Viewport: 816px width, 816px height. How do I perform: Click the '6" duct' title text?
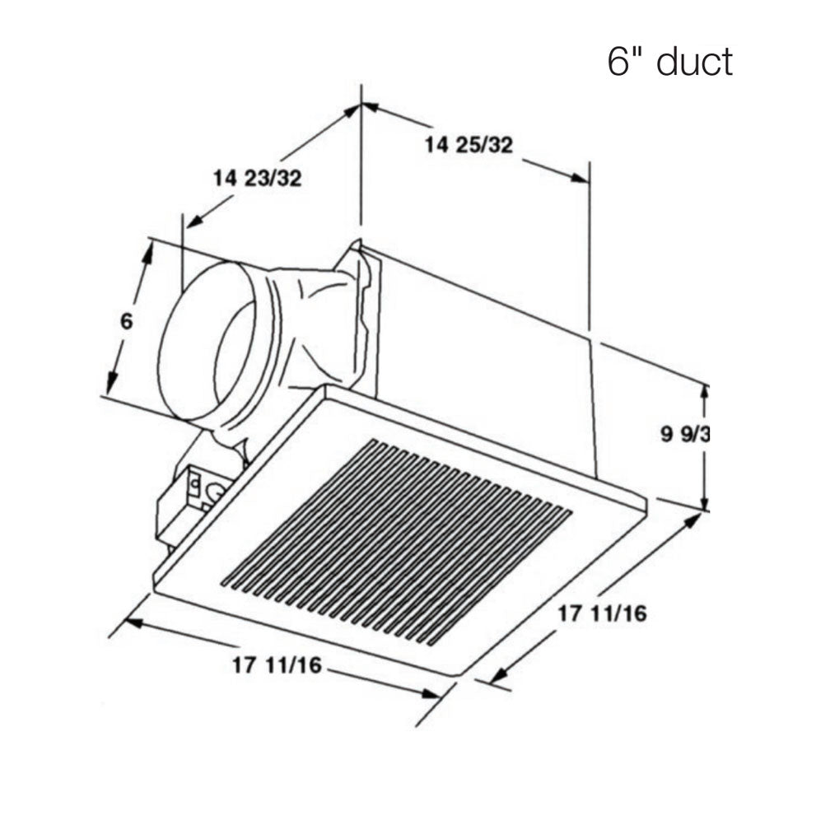click(x=669, y=62)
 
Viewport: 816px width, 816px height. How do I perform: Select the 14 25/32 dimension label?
click(x=469, y=146)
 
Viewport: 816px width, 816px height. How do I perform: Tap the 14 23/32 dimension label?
click(x=257, y=178)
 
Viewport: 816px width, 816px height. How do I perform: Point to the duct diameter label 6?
click(x=126, y=321)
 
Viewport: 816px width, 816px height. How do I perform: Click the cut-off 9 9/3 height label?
click(x=684, y=435)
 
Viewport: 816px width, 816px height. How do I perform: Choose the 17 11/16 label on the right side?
click(x=602, y=613)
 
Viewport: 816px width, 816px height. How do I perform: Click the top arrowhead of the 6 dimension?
click(x=148, y=251)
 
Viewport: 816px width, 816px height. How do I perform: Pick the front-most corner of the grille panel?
click(x=455, y=675)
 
